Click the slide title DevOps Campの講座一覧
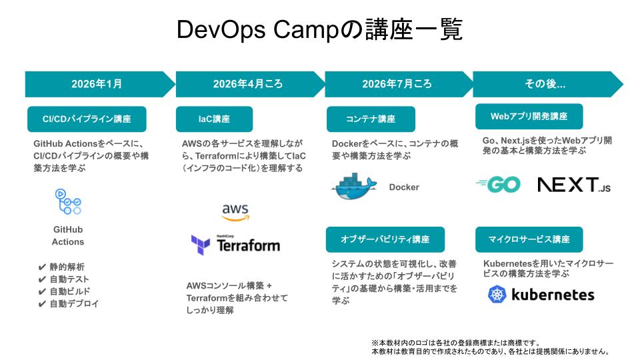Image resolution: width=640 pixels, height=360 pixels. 319,30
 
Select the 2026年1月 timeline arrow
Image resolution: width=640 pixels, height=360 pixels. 97,84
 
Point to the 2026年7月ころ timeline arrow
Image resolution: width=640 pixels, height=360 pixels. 397,84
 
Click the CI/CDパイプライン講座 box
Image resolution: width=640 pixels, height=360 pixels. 87,119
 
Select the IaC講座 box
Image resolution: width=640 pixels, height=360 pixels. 214,119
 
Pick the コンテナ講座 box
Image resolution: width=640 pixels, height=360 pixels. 371,119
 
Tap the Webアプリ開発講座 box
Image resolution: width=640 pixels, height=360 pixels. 529,116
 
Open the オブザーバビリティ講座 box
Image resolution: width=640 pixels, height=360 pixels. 385,239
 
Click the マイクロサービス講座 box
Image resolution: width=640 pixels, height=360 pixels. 529,239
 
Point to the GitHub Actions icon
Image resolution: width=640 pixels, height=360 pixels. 68,202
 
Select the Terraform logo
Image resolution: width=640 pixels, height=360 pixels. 235,245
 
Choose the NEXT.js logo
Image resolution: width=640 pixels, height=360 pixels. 574,185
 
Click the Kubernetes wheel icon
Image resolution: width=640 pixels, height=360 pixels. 497,294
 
